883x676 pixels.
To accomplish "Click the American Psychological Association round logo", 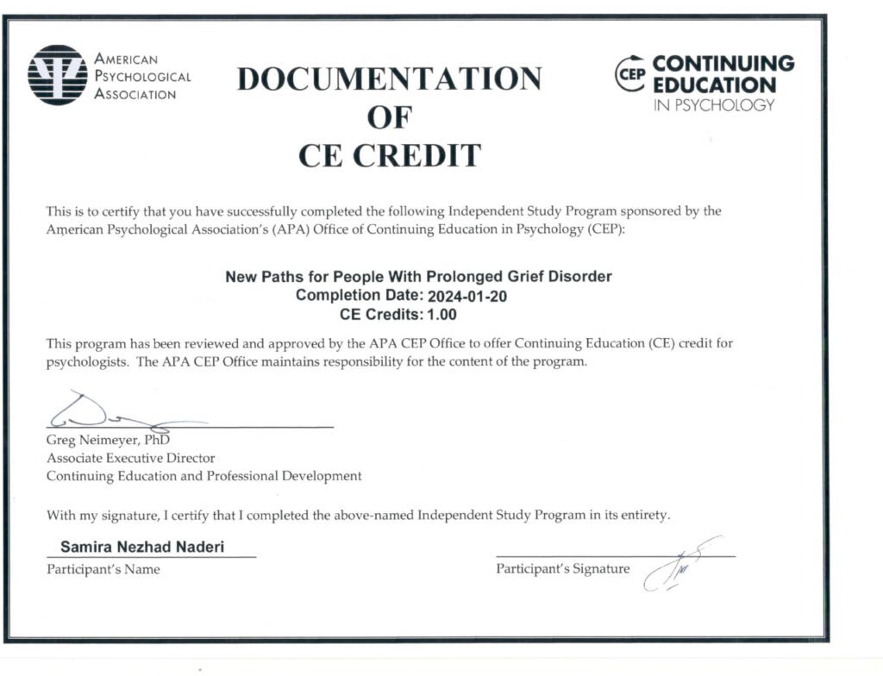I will tap(58, 75).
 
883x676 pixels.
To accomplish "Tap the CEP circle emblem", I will tap(631, 75).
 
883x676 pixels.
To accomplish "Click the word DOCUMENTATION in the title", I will tap(389, 78).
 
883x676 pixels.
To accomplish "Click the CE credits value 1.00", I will tap(441, 314).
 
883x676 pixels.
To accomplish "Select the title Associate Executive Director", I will tap(130, 459).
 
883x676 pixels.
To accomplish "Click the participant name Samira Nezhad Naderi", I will tap(142, 548).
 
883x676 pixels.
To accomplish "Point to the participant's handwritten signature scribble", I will tap(673, 565).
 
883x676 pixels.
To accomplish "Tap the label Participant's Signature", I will tap(562, 569).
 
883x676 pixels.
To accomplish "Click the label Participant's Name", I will tap(103, 569).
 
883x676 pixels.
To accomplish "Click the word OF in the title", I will tap(390, 117).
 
